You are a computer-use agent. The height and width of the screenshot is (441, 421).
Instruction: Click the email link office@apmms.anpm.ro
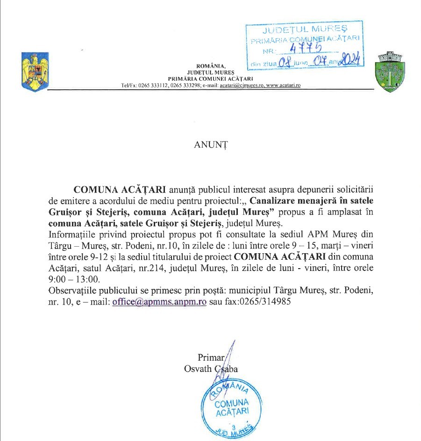[x=159, y=302]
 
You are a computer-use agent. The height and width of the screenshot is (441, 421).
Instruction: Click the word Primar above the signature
[x=211, y=358]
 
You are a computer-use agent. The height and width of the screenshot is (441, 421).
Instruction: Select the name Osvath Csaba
[x=211, y=369]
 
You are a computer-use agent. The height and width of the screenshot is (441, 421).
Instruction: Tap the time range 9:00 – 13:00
[x=75, y=279]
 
